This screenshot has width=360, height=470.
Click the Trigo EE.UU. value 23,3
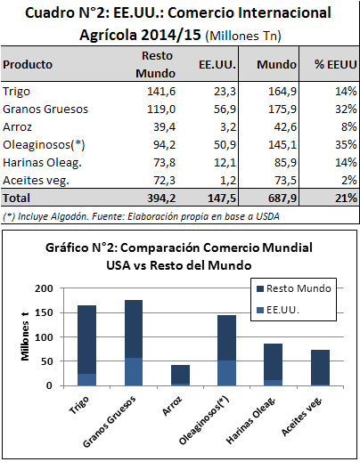point(225,92)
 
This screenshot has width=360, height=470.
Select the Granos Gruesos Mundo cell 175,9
point(282,109)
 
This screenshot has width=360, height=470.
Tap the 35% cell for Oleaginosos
point(346,145)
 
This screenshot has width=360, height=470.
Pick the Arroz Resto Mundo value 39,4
point(164,127)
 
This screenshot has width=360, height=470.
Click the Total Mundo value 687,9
point(282,199)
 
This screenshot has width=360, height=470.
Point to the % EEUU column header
point(335,64)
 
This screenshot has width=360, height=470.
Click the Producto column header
point(28,64)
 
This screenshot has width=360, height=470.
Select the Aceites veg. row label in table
point(36,181)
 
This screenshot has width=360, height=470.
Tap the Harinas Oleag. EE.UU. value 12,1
point(225,163)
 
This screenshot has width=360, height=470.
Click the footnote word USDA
point(267,216)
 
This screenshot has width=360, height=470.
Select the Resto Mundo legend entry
point(294,288)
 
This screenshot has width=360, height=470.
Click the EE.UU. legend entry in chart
point(278,310)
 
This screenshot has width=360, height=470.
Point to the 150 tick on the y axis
point(44,312)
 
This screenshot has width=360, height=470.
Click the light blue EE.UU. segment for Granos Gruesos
point(134,371)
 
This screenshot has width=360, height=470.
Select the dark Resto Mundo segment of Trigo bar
point(86,340)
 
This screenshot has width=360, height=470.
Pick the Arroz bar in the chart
point(180,376)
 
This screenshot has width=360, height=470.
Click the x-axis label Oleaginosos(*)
point(204,420)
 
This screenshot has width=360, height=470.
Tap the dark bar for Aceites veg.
point(320,367)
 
